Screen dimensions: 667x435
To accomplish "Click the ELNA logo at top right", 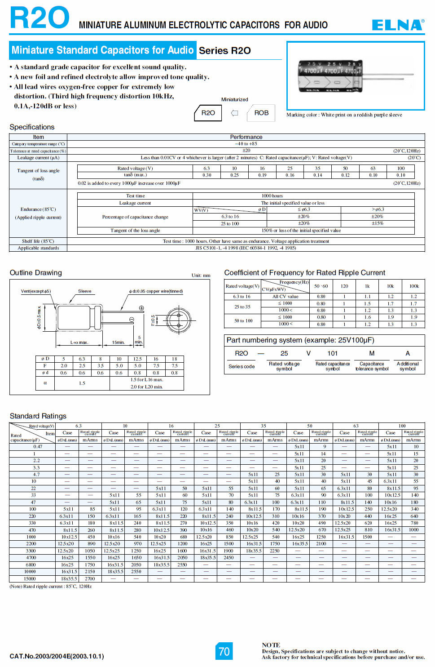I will click(x=398, y=25).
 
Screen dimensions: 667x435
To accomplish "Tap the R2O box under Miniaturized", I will click(x=208, y=113).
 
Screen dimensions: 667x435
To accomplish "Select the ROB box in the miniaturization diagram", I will click(x=261, y=113).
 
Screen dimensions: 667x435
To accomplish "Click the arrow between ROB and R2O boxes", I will click(x=234, y=113).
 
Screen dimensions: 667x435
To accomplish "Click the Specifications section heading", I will click(x=32, y=127).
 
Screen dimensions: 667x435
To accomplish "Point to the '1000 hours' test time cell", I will click(x=272, y=196).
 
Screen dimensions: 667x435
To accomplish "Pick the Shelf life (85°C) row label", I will click(x=38, y=241).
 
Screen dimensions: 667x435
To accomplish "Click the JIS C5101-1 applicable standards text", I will click(x=246, y=248).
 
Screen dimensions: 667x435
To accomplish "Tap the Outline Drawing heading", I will click(x=36, y=273).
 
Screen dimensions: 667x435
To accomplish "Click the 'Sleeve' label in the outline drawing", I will click(x=84, y=291).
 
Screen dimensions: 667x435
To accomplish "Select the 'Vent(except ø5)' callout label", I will click(x=36, y=291).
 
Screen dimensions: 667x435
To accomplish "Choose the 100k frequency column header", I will click(x=413, y=286).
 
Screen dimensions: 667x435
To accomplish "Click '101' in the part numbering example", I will click(x=332, y=354).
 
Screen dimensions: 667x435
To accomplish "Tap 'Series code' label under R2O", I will click(x=242, y=367).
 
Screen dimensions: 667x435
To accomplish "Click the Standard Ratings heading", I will click(x=38, y=416).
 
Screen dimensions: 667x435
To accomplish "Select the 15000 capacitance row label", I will click(x=30, y=579).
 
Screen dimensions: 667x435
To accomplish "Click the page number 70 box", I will click(x=224, y=651).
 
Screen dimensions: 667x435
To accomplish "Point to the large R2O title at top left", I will click(x=40, y=18).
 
